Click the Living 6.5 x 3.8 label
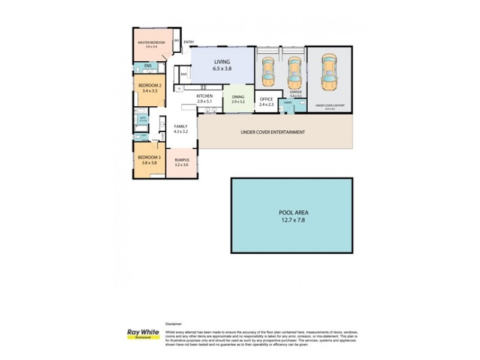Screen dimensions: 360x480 coord(221,65)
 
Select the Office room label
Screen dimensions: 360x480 coord(266,102)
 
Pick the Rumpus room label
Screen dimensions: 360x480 coord(182,163)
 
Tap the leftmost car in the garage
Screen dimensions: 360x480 coord(268,71)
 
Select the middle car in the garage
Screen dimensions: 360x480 coord(293,71)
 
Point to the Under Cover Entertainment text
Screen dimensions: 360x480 coord(273,133)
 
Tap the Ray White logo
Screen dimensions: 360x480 coord(139,334)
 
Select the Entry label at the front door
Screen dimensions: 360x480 coord(189,42)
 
